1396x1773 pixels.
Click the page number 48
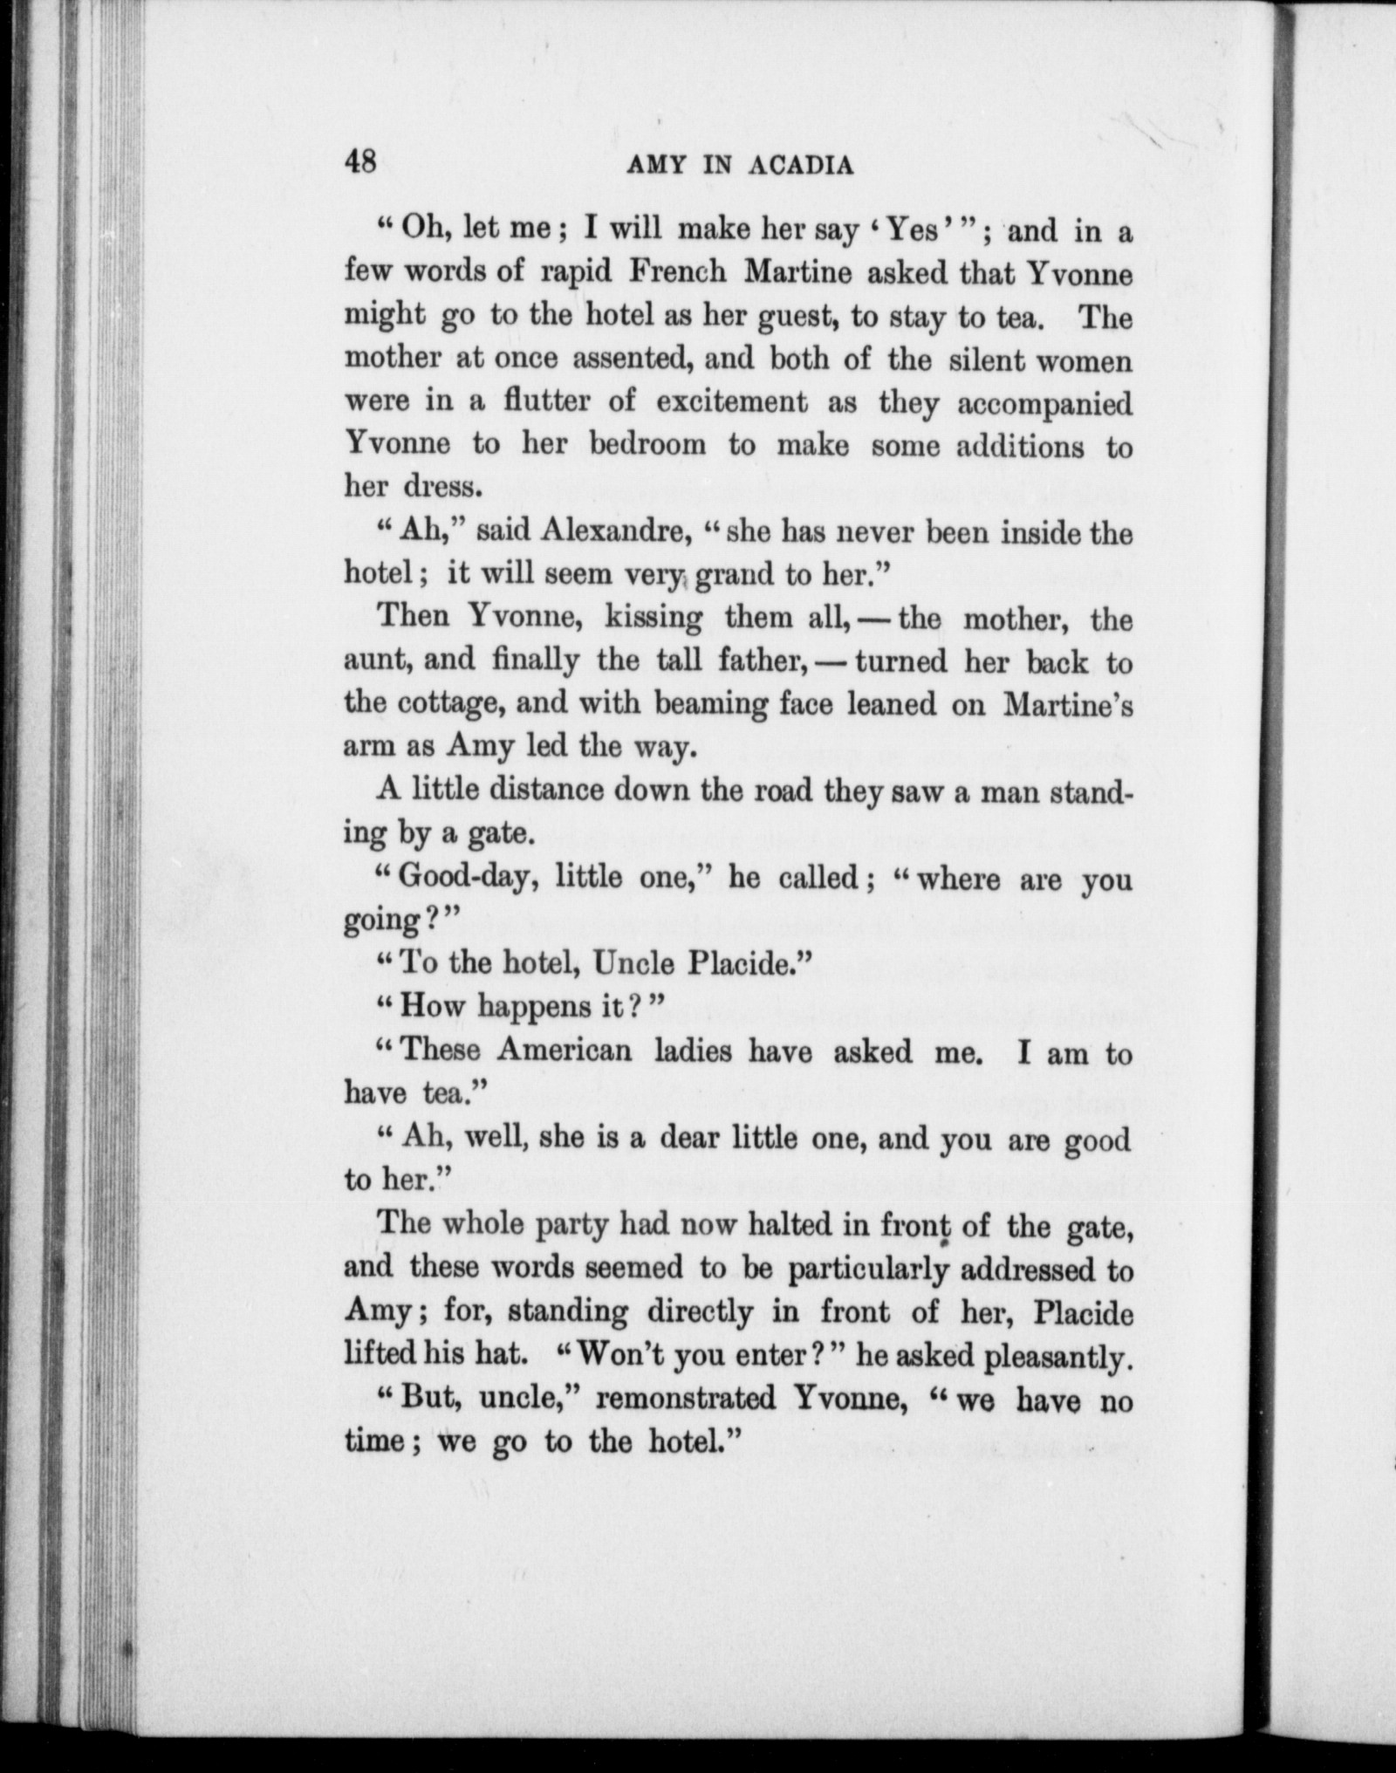coord(360,161)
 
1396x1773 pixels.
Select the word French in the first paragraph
coord(678,274)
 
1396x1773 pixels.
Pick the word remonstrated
coord(688,1398)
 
